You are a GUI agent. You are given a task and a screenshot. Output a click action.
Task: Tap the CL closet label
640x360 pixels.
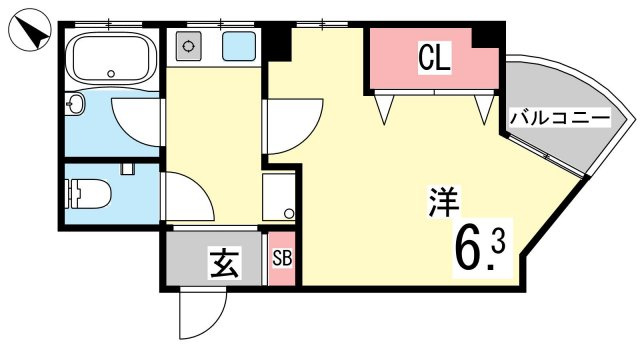[x=434, y=58]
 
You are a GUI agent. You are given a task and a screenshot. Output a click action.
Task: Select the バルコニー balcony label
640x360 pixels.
[x=559, y=118]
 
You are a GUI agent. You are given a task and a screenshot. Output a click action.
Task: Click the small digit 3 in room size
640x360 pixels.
[x=498, y=243]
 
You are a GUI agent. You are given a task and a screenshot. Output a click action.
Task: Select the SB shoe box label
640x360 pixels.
[x=283, y=258]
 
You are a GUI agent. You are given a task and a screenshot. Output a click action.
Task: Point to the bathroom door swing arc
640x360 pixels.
[x=138, y=124]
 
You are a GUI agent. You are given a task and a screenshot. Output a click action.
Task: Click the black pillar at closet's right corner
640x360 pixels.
[x=487, y=35]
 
